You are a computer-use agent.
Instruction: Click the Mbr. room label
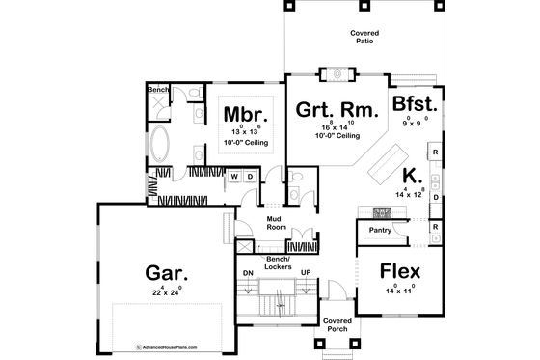[x=239, y=114]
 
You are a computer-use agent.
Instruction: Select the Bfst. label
[x=415, y=104]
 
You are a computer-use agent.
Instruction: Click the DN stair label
[x=247, y=274]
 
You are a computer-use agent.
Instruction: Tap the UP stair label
[x=307, y=274]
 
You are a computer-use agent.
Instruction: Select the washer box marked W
[x=234, y=178]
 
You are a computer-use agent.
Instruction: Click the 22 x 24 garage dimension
[x=165, y=291]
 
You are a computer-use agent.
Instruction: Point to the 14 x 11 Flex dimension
[x=400, y=290]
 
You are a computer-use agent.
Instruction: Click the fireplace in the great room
[x=337, y=72]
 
